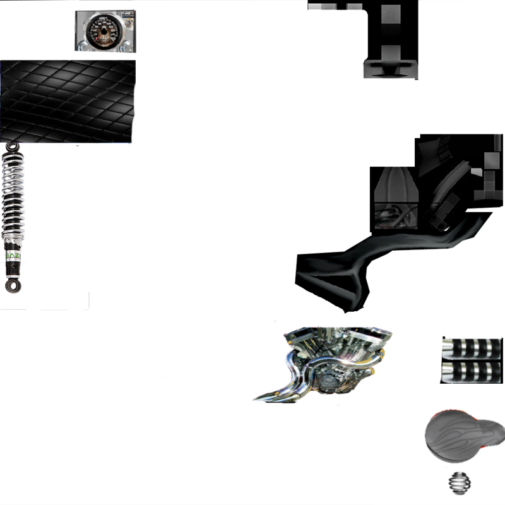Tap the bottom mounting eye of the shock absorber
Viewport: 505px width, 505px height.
click(x=11, y=286)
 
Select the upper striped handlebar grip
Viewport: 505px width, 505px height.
click(x=470, y=347)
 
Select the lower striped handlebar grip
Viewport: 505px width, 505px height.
click(x=470, y=371)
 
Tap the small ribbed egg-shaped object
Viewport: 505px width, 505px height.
click(x=459, y=483)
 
